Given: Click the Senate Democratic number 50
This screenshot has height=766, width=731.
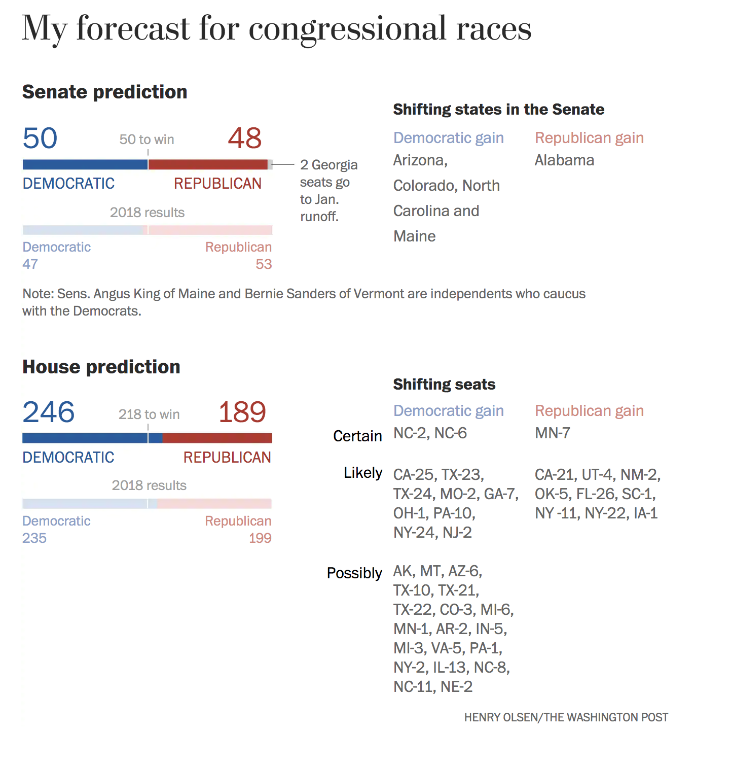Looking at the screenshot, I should pos(40,138).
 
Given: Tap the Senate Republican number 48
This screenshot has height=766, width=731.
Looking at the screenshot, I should pos(245,138).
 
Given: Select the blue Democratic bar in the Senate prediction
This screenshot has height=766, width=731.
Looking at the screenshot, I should pos(85,164).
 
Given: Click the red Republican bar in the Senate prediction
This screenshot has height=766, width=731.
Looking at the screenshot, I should pos(208,164).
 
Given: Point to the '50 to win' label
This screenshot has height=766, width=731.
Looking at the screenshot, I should pos(147,140).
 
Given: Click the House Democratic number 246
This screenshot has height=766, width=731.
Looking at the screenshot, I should pos(49,412).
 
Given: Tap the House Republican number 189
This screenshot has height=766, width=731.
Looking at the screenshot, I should pos(242,412).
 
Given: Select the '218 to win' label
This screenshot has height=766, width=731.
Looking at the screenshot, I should pos(149,414).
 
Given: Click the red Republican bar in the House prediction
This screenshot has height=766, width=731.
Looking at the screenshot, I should pos(217,438).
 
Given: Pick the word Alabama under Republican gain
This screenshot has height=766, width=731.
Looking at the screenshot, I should pos(564,160).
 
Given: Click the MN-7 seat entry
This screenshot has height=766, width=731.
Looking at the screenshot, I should pos(553,433).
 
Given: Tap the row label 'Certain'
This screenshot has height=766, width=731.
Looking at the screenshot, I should pos(357,436).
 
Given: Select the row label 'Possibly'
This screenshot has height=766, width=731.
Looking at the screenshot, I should pos(354,573).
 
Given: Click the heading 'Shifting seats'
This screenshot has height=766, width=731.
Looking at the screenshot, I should pos(444,385).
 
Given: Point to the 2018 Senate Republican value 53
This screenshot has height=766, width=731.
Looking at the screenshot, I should pos(264,264).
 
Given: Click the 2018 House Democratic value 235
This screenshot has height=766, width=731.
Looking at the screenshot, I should pos(34,538).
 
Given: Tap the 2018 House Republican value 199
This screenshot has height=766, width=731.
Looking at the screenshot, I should pos(260,538).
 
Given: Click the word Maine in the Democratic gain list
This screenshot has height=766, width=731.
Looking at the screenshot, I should pos(415,236).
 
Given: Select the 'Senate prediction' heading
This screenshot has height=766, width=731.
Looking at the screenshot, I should pos(105,92).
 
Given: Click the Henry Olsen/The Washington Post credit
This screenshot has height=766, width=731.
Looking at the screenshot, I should pos(566,717).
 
